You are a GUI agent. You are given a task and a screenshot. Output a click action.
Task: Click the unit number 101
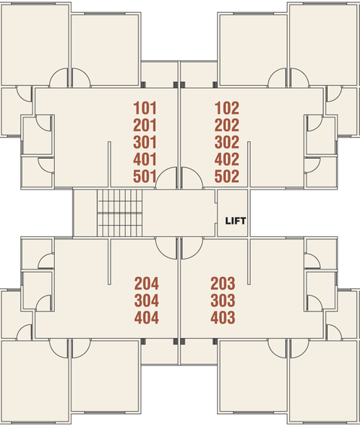tap(145, 108)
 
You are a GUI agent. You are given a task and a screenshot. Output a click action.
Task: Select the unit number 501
tap(145, 176)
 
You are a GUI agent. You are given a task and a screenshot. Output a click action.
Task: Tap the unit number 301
tap(145, 142)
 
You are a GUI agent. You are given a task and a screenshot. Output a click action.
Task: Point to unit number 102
tap(227, 108)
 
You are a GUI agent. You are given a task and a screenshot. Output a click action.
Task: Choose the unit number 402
tap(227, 160)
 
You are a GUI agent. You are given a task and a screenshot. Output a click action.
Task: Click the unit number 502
tap(227, 176)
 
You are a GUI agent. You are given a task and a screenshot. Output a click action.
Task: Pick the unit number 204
tap(147, 284)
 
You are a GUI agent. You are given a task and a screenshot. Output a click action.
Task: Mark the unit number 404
tap(147, 318)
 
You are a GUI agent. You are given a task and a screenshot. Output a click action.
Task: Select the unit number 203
tap(223, 284)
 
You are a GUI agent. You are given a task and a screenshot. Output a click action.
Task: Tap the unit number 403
tap(223, 318)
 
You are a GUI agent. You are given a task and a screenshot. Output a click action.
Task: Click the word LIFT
tap(236, 221)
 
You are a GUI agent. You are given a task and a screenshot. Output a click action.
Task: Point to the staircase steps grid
tap(120, 213)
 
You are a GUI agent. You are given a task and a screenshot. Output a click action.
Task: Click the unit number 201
tap(145, 125)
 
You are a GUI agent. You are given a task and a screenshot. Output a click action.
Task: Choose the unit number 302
tap(227, 142)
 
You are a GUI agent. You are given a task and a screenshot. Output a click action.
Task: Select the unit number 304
tap(147, 301)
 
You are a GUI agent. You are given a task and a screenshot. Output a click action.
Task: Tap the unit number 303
tap(223, 301)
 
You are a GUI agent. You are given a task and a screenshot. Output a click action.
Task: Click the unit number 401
tap(145, 160)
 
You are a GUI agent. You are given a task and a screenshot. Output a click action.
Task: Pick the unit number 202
tap(227, 125)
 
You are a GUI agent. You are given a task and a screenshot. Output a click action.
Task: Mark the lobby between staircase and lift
tap(179, 213)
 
